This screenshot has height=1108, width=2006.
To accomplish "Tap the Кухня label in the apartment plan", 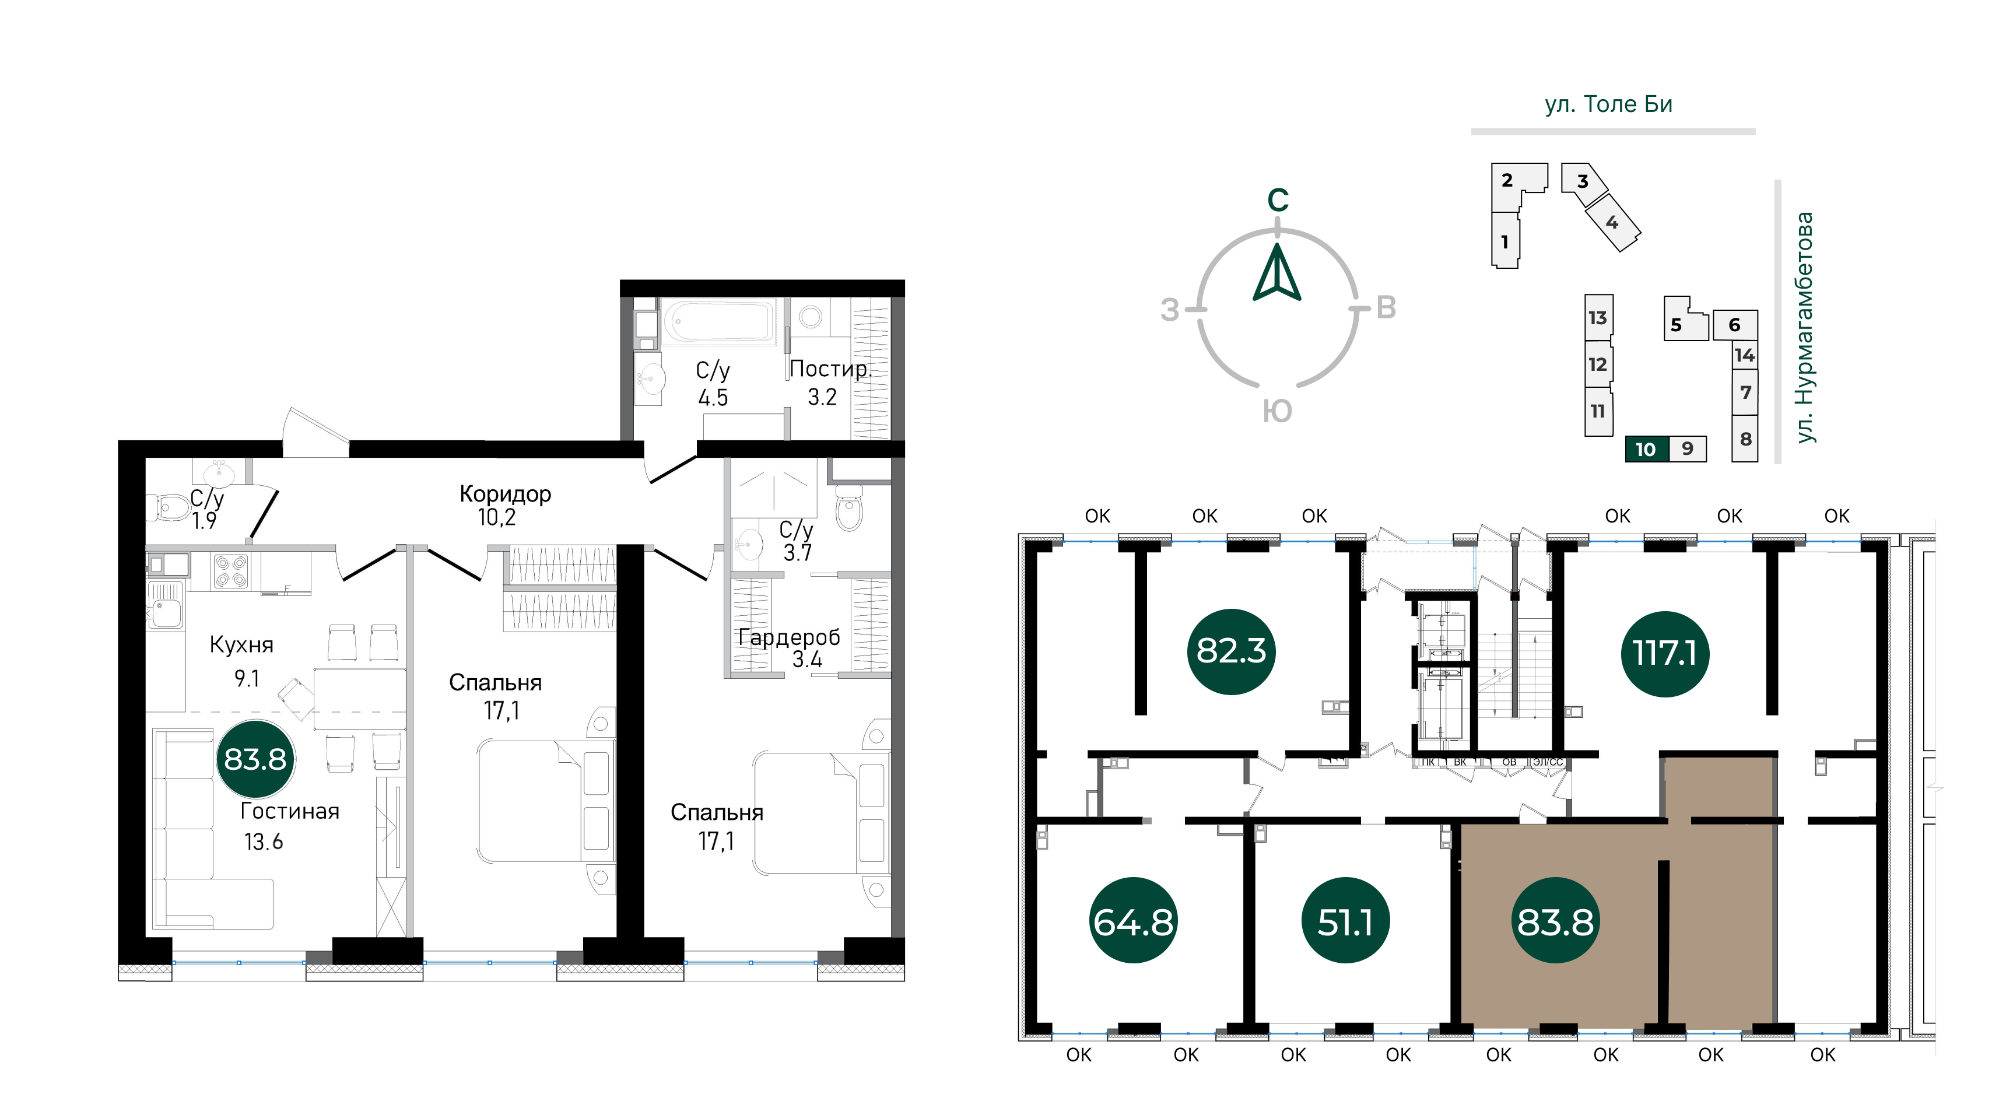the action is click(x=241, y=645).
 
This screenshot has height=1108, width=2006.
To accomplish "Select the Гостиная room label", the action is click(x=290, y=811).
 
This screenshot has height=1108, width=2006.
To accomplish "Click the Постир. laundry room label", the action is click(x=829, y=369).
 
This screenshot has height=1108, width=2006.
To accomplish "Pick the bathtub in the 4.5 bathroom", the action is click(x=718, y=321).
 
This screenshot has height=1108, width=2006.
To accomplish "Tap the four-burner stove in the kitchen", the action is click(x=230, y=571).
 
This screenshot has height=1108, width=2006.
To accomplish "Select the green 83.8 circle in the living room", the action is click(x=255, y=759).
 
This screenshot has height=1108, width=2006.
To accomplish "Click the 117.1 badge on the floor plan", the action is click(x=1665, y=653).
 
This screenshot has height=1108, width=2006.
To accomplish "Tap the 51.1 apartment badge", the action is click(x=1345, y=920).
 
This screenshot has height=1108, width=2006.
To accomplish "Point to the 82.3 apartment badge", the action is click(x=1231, y=651).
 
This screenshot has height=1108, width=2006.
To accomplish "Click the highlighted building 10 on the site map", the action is click(x=1647, y=449).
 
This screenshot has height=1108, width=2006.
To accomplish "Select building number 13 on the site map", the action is click(x=1598, y=318).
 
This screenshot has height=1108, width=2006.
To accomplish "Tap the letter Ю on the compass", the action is click(x=1277, y=411).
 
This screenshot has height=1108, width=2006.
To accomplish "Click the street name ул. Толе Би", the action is click(x=1609, y=104).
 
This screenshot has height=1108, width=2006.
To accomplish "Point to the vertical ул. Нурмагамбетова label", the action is click(x=1804, y=328).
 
